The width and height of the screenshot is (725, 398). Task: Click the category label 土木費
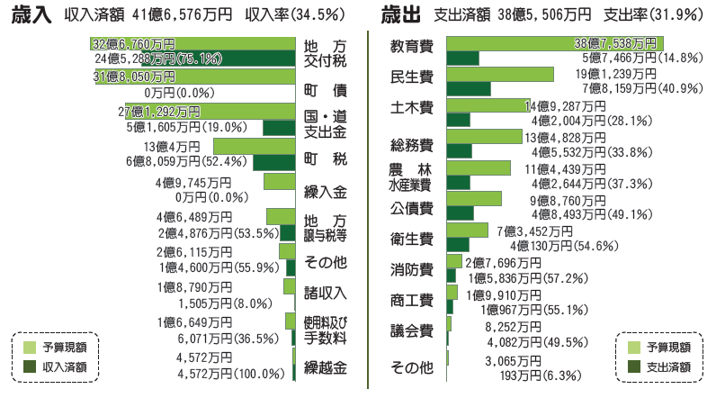(412, 108)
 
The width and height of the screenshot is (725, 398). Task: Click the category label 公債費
(412, 209)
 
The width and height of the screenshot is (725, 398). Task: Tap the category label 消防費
(412, 269)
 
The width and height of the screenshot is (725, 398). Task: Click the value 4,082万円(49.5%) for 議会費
(538, 341)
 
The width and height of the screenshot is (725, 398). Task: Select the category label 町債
(325, 92)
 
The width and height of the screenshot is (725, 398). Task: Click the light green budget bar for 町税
(255, 146)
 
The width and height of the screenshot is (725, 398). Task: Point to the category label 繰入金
(325, 192)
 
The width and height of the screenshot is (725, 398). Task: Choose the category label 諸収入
(325, 293)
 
